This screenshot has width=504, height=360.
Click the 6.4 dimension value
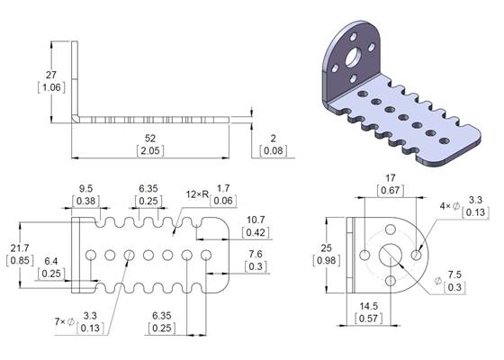point(51,260)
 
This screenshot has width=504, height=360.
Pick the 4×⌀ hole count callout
point(447,206)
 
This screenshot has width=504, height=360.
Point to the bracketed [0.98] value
point(330,260)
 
